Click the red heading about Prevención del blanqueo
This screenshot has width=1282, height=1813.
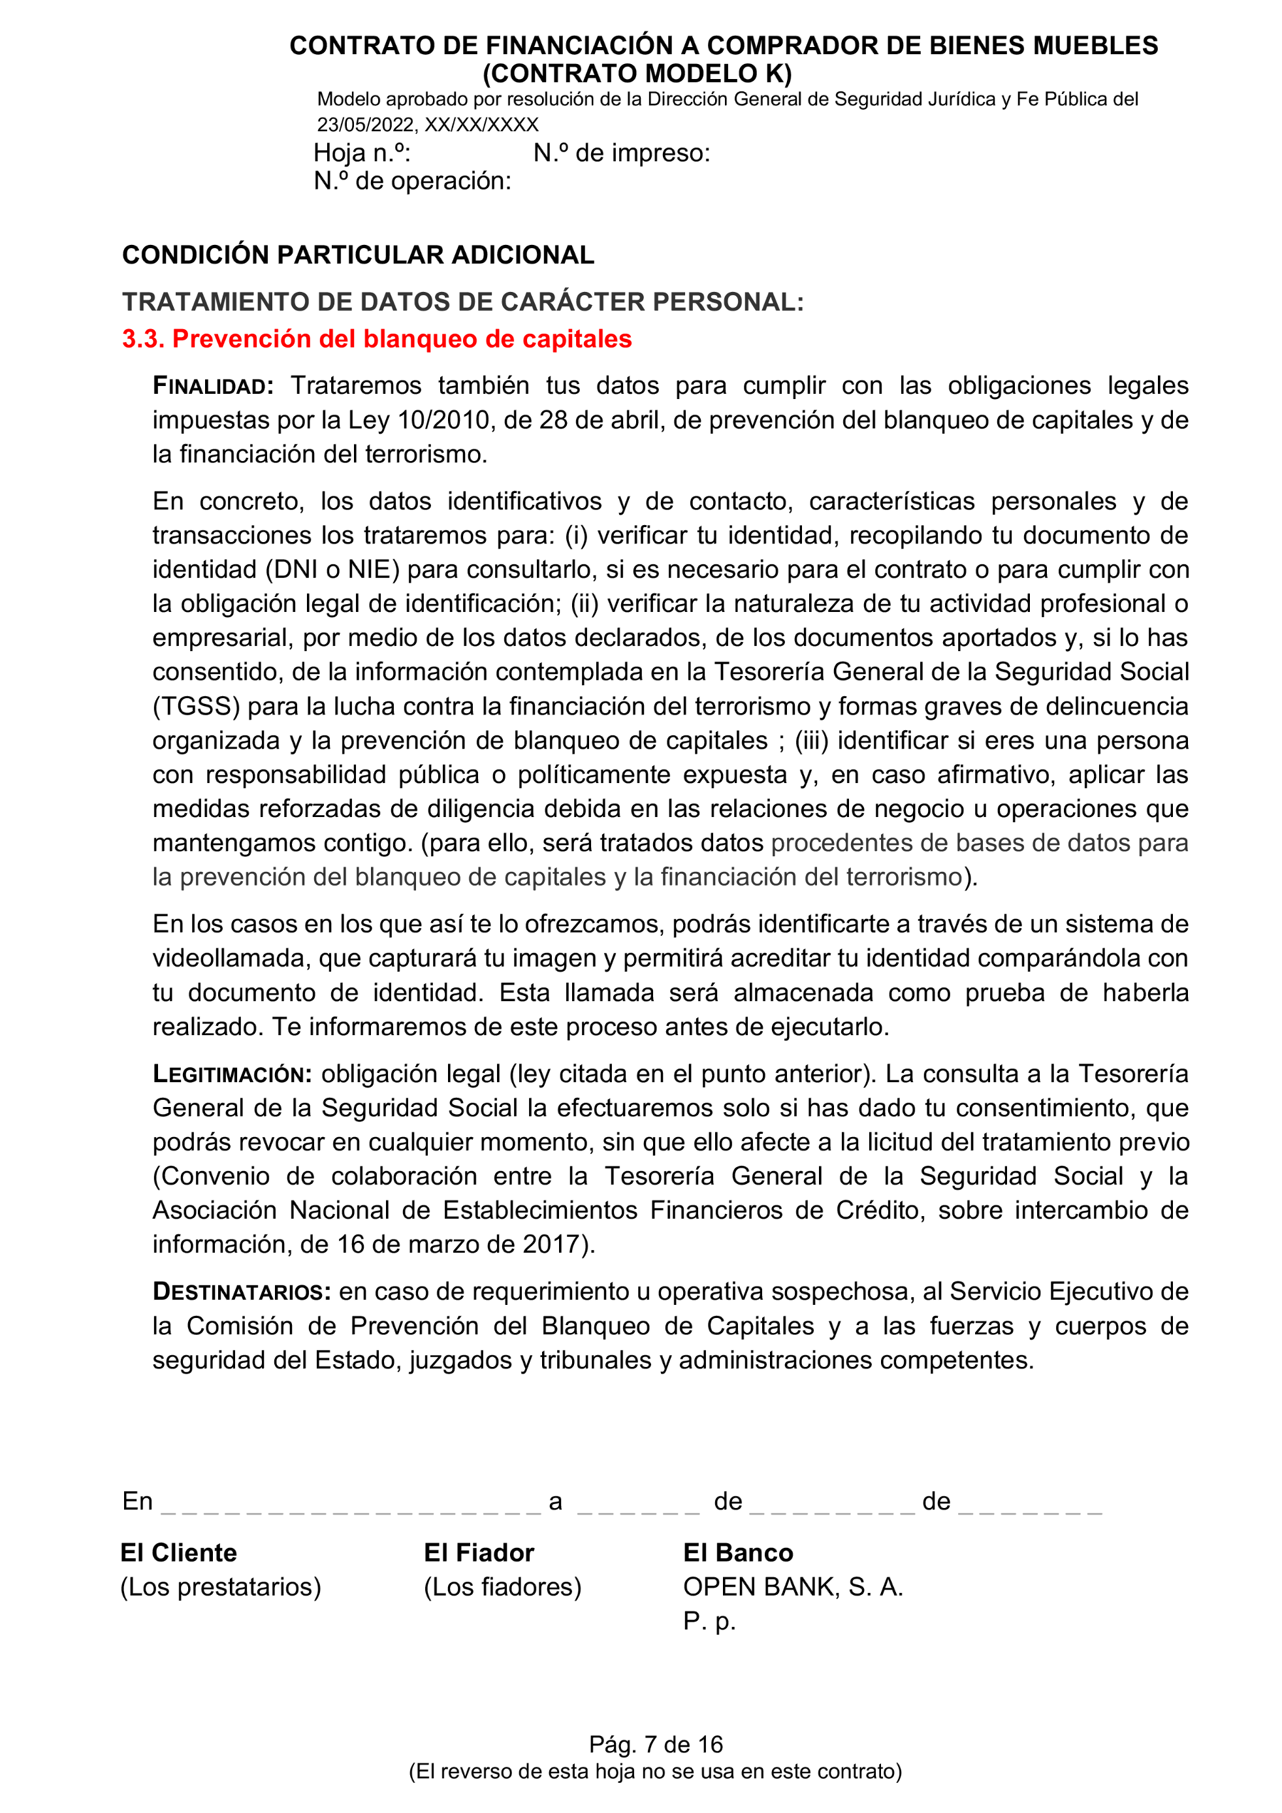coord(377,339)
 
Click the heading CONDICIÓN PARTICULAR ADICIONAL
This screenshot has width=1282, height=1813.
coord(358,255)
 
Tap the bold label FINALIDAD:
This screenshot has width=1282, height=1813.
coord(213,386)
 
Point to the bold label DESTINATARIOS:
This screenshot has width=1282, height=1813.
coord(242,1292)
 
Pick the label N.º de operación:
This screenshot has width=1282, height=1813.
coord(412,181)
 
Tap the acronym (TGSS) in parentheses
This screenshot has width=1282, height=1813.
coord(196,706)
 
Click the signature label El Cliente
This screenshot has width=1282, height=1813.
coord(178,1552)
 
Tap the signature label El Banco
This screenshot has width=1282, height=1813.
coord(737,1552)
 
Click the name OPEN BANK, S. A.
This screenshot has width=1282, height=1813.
coord(793,1586)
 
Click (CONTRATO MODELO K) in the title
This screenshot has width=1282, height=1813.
coord(636,73)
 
